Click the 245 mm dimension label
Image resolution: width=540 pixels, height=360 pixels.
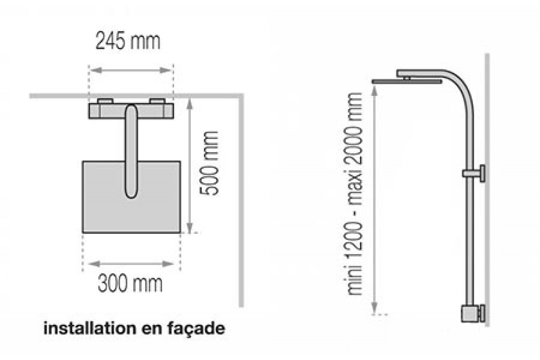click(128, 41)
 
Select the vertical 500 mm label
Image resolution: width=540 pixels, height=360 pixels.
click(209, 163)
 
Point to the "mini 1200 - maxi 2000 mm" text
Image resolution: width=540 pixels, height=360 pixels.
click(354, 194)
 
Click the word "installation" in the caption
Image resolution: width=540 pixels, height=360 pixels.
click(90, 328)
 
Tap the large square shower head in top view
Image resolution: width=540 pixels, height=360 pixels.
click(131, 197)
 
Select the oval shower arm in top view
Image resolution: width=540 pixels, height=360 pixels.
click(131, 152)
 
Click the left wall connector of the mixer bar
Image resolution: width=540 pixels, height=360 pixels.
click(105, 101)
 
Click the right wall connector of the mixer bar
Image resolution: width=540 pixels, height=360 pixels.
click(157, 101)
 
